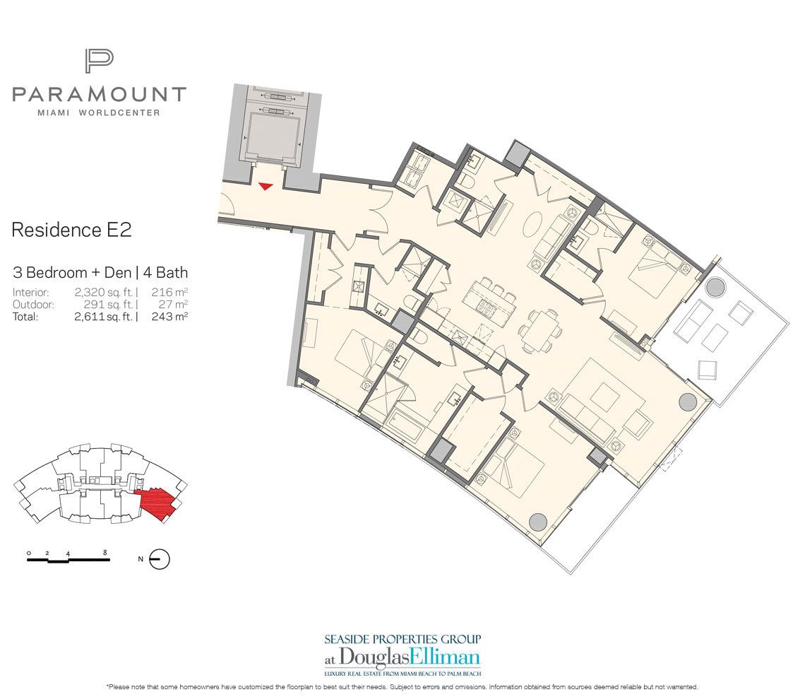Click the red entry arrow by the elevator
pyautogui.click(x=266, y=186)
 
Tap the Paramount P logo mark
pyautogui.click(x=99, y=61)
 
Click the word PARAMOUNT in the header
pyautogui.click(x=99, y=94)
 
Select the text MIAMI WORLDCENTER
pyautogui.click(x=99, y=112)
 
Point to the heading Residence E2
pyautogui.click(x=72, y=230)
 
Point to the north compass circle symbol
pyautogui.click(x=160, y=559)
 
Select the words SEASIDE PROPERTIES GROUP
pyautogui.click(x=402, y=639)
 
